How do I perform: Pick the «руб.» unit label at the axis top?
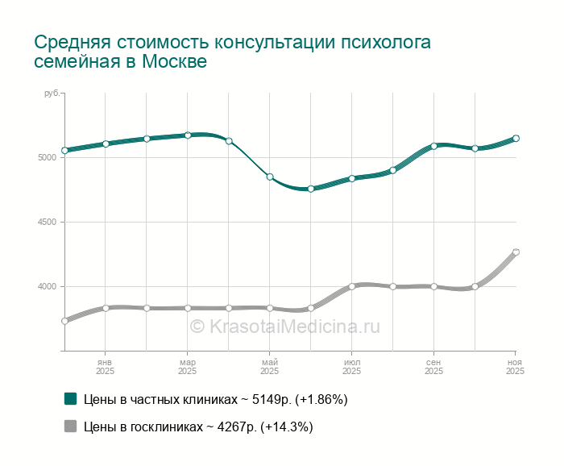(52, 94)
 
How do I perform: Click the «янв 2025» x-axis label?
(105, 367)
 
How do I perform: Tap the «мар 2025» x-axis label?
(187, 367)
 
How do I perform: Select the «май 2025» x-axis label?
(269, 367)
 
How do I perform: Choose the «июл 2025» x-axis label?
(351, 367)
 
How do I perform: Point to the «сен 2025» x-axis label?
(433, 367)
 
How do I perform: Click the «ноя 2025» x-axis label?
(515, 367)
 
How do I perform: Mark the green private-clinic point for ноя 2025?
(516, 139)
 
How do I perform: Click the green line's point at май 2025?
(270, 177)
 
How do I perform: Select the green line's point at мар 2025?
(188, 135)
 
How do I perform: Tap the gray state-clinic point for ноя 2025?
(516, 252)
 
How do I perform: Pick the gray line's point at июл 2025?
(352, 286)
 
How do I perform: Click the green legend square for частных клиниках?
(70, 399)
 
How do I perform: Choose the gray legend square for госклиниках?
(70, 426)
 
